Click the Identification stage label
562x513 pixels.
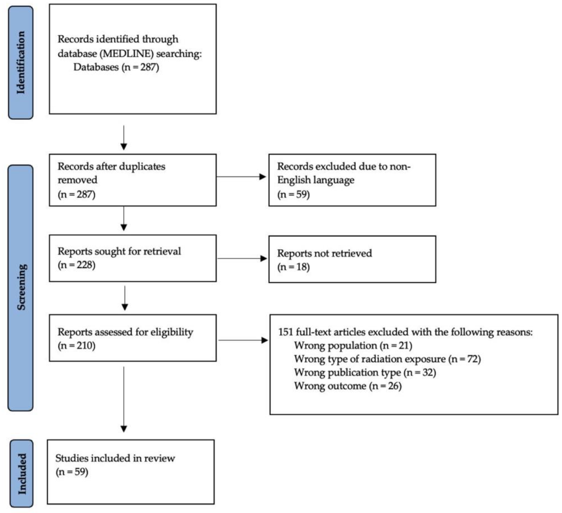coord(21,63)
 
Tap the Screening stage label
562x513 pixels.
coord(21,287)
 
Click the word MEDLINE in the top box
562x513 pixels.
coord(127,53)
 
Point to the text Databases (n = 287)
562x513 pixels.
coord(116,67)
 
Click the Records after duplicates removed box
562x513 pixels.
coord(133,180)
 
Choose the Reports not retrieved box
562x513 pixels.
coord(352,259)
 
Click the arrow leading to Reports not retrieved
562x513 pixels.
coord(242,258)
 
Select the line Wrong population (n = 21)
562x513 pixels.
coord(353,346)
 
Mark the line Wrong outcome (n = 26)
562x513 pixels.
coord(348,386)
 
